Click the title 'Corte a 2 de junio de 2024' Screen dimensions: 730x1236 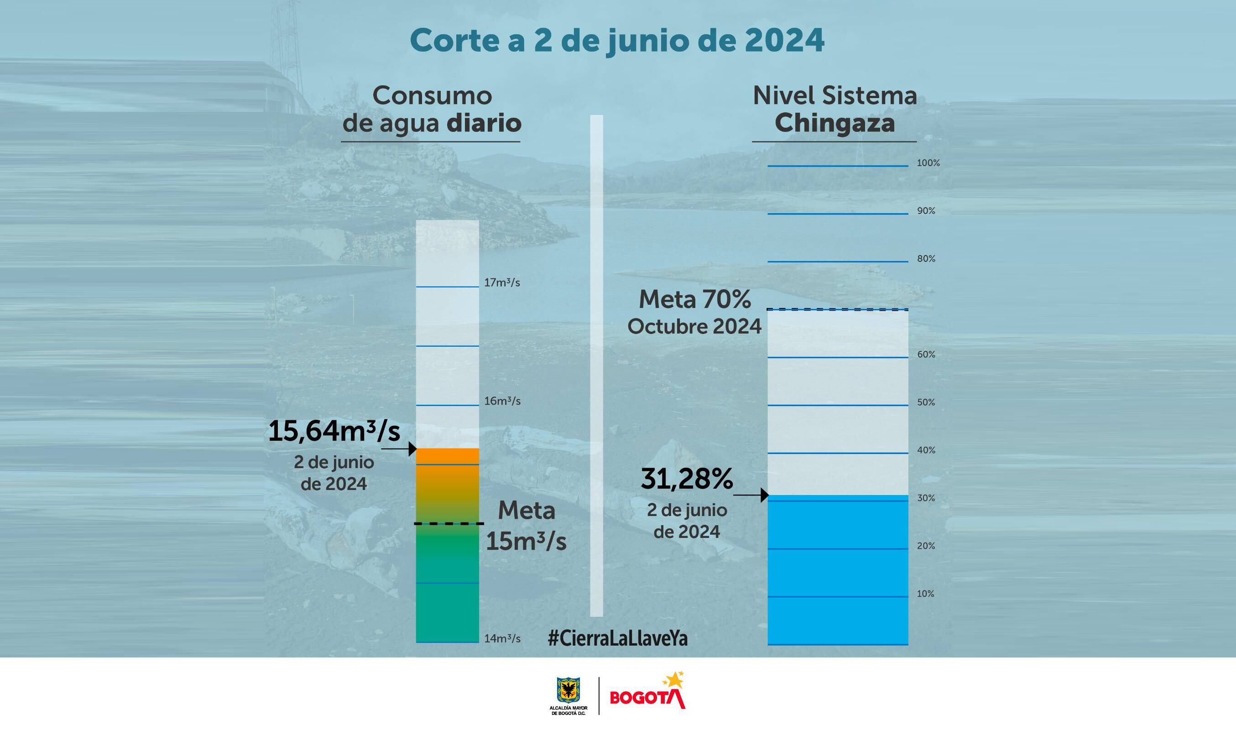pyautogui.click(x=617, y=41)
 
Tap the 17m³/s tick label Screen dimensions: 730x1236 pyautogui.click(x=502, y=283)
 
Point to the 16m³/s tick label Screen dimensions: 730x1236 pyautogui.click(x=502, y=401)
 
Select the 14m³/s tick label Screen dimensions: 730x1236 pyautogui.click(x=502, y=638)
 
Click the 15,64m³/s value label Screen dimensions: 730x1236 pyautogui.click(x=334, y=432)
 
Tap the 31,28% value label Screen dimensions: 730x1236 pyautogui.click(x=687, y=479)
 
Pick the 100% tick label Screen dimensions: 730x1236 pyautogui.click(x=928, y=163)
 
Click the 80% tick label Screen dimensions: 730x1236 pyautogui.click(x=926, y=259)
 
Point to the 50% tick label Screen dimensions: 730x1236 pyautogui.click(x=926, y=402)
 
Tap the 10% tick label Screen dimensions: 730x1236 pyautogui.click(x=925, y=594)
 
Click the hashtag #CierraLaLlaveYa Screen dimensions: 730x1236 pyautogui.click(x=617, y=638)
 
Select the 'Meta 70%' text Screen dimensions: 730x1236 pyautogui.click(x=694, y=300)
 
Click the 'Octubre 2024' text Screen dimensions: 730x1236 pyautogui.click(x=694, y=327)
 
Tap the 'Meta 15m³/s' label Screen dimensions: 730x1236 pyautogui.click(x=526, y=527)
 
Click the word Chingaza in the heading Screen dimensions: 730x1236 pyautogui.click(x=834, y=123)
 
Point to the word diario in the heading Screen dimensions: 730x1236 pyautogui.click(x=484, y=123)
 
